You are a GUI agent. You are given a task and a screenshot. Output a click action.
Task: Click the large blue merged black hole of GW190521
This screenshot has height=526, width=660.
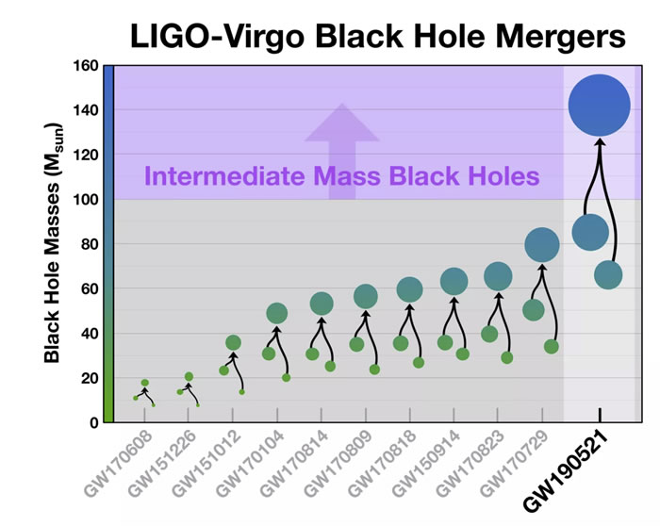pos(599,106)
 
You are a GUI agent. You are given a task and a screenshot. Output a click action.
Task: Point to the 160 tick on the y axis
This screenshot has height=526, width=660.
pos(87,66)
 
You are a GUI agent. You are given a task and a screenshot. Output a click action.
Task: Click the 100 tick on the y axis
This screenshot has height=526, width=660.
pos(87,200)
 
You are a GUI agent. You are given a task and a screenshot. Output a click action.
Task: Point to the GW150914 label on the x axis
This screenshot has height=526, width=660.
pos(430,462)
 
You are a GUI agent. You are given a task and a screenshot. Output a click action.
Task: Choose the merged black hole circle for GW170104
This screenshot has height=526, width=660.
pos(276,313)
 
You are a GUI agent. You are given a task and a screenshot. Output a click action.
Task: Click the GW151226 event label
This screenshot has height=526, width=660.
pos(165,462)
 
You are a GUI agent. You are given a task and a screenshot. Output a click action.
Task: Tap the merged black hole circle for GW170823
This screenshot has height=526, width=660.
pos(498,276)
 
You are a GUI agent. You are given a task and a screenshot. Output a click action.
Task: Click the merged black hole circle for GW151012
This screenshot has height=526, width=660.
pos(233,342)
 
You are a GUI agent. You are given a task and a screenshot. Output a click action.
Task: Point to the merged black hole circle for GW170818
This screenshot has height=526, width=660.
pos(409,288)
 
